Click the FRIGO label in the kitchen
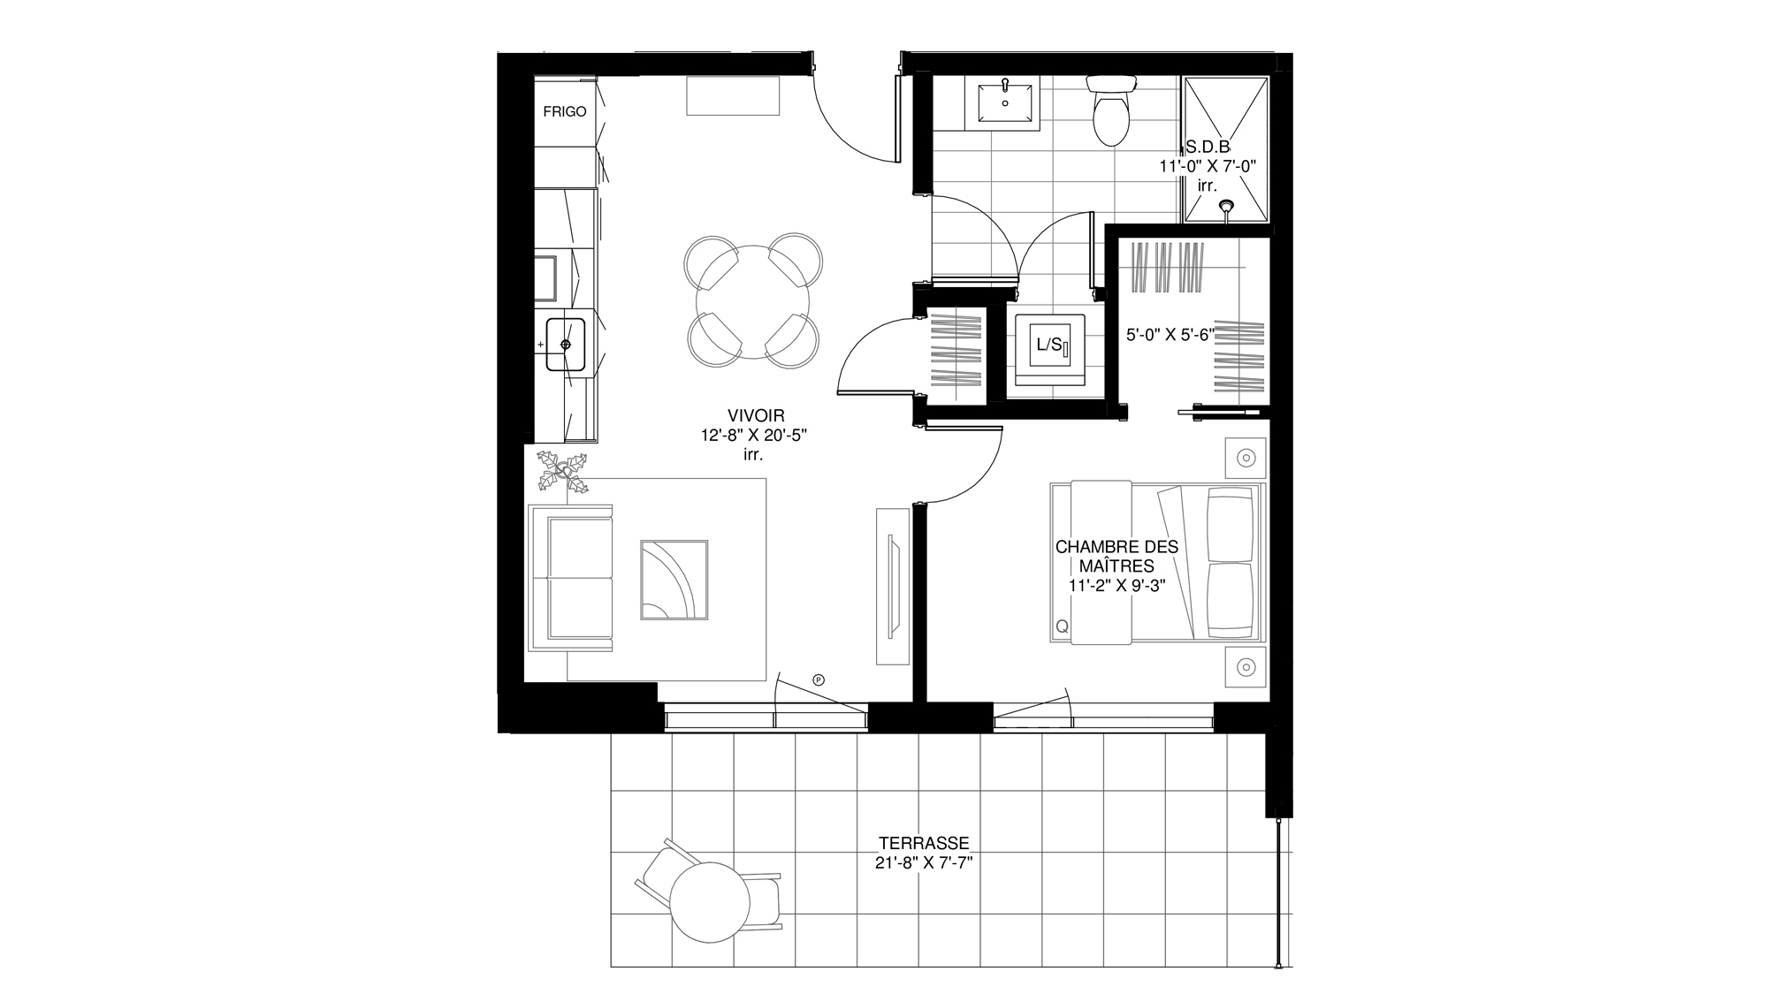tap(565, 112)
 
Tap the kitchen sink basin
tap(566, 344)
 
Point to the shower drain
tap(1227, 207)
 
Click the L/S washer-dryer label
tap(1048, 345)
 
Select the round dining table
tap(752, 300)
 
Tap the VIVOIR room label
tap(756, 415)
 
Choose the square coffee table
tap(674, 580)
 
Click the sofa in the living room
tap(570, 579)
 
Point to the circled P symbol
tap(819, 679)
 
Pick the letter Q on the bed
tap(1062, 626)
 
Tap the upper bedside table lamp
tap(1246, 458)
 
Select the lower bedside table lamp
tap(1246, 666)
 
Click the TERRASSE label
tap(924, 843)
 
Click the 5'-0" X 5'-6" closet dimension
tap(1170, 335)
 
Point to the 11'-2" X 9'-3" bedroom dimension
tap(1116, 585)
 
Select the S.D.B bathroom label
tap(1208, 148)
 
